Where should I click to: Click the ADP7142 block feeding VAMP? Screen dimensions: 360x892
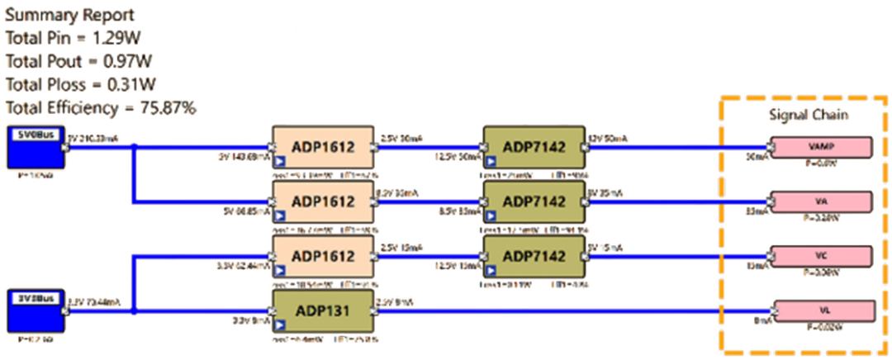(x=534, y=148)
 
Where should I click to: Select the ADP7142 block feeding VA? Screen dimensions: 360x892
(x=534, y=201)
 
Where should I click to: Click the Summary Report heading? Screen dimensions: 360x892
(x=70, y=16)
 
